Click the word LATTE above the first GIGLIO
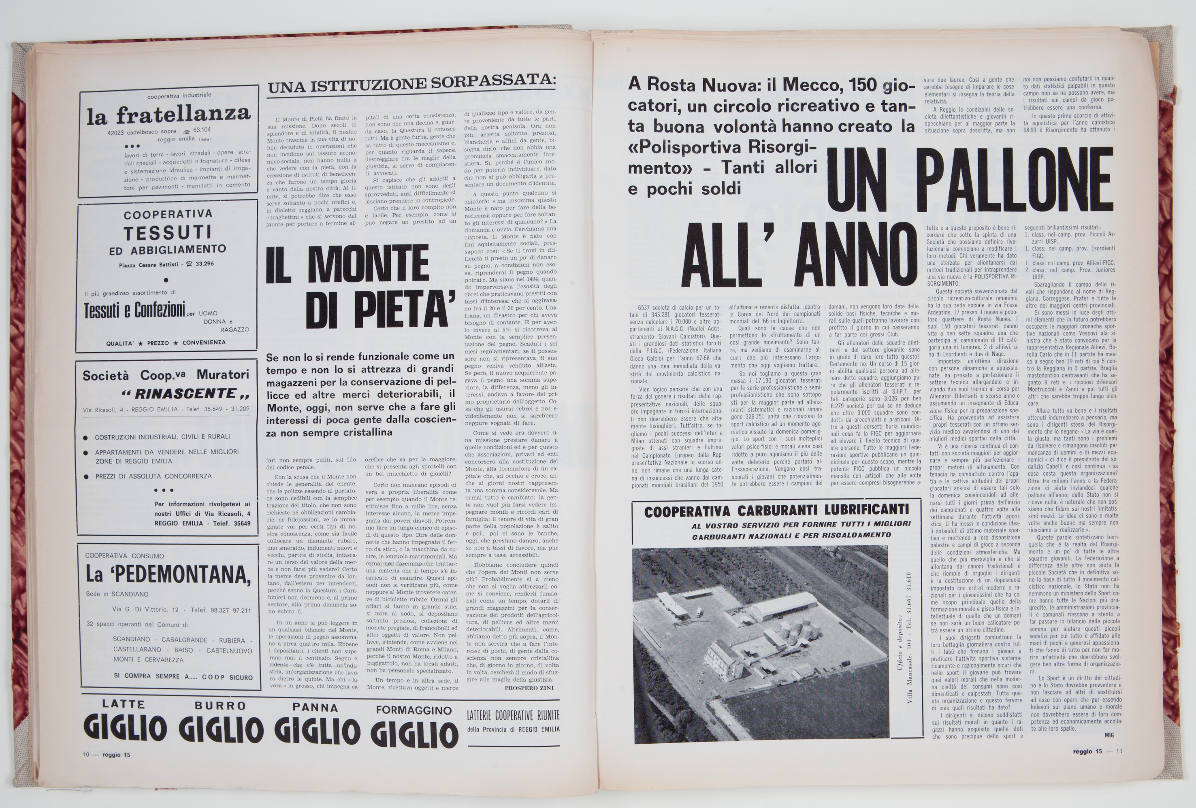pos(123,704)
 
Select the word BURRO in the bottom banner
pos(220,705)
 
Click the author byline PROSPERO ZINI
pos(528,688)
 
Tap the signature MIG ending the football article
pos(1109,735)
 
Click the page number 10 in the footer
pos(86,755)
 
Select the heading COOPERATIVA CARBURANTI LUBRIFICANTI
pos(776,511)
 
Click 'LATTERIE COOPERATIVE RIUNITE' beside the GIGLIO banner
pos(513,715)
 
